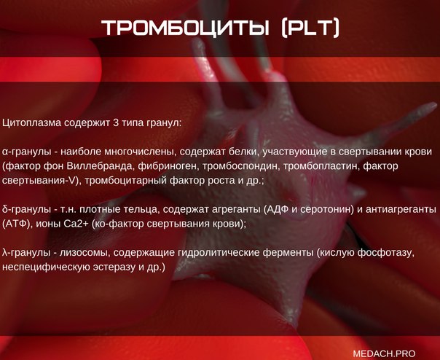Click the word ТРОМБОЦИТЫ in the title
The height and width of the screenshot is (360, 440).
(x=185, y=28)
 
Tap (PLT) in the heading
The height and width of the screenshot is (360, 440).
(x=310, y=28)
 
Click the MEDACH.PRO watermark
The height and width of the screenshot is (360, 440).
(x=384, y=353)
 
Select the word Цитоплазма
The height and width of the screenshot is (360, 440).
(x=32, y=123)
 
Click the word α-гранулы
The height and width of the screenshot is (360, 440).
(x=27, y=152)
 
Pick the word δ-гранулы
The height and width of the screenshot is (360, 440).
(x=27, y=209)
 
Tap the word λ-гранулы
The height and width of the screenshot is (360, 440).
(x=26, y=253)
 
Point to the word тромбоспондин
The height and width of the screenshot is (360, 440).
(x=241, y=167)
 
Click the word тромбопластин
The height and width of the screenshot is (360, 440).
(x=321, y=167)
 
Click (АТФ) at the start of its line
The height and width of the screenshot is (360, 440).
(x=16, y=224)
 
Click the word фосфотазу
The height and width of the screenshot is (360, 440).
(x=386, y=253)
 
